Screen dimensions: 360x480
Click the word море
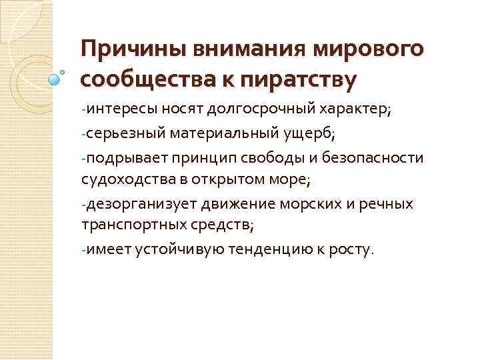click(293, 179)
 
